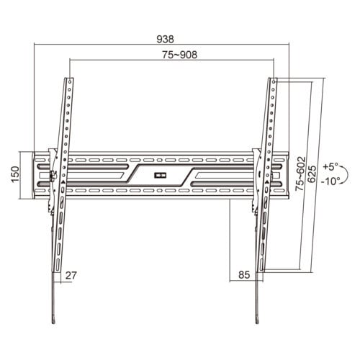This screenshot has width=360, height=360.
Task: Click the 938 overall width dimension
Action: pyautogui.click(x=165, y=39)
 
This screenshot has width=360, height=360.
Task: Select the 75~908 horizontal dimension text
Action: pyautogui.click(x=179, y=55)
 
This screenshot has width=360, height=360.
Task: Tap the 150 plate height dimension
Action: pyautogui.click(x=15, y=174)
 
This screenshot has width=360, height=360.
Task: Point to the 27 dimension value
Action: pyautogui.click(x=71, y=275)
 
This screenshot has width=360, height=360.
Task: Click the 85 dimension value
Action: pyautogui.click(x=244, y=274)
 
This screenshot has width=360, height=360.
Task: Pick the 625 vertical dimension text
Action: pyautogui.click(x=312, y=174)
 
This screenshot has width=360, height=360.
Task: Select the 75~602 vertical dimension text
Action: pyautogui.click(x=300, y=174)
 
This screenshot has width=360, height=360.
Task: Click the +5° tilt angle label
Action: pyautogui.click(x=330, y=166)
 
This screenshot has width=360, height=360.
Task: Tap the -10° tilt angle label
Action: pyautogui.click(x=330, y=181)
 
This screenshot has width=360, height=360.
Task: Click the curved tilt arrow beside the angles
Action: pyautogui.click(x=348, y=174)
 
